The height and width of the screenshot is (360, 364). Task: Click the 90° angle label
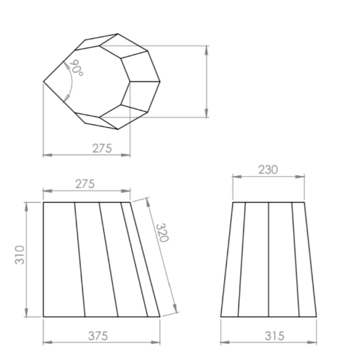pos(76,68)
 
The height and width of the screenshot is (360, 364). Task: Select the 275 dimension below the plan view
pos(102,149)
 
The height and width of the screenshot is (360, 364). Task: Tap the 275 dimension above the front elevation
pos(85,184)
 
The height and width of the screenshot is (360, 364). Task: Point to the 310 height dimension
pos(20,255)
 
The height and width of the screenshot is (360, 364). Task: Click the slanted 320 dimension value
pos(162,233)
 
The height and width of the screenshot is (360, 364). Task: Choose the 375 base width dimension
pos(98,336)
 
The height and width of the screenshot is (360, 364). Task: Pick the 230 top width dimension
pos(268,170)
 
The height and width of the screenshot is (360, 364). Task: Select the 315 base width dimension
pos(274,336)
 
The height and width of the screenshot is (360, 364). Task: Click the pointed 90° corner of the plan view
pos(43,82)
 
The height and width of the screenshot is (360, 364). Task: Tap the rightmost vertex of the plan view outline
pos(160,82)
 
